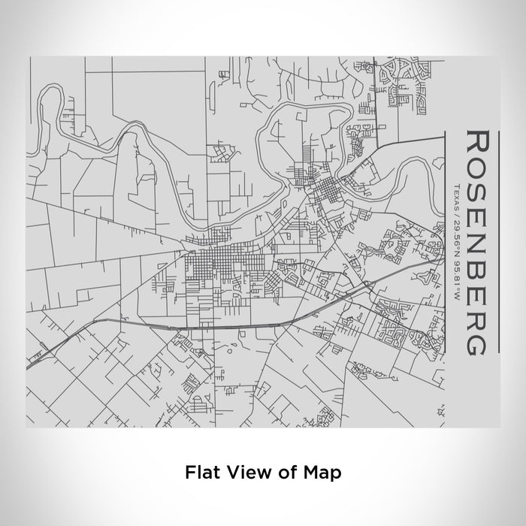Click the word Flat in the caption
[x=198, y=473]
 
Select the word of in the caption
[x=285, y=473]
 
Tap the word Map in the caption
[x=321, y=473]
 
